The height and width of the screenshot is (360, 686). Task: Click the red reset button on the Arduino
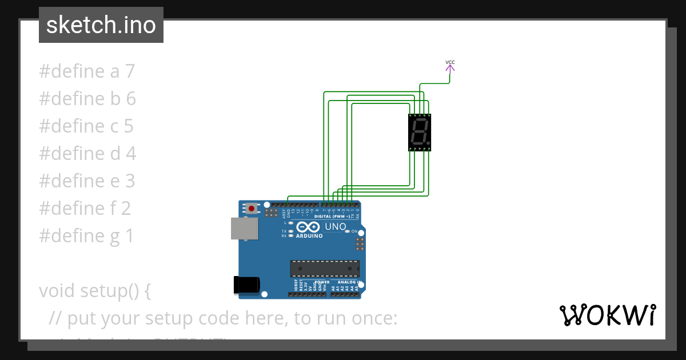(x=251, y=209)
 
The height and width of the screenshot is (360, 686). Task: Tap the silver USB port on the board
(x=244, y=228)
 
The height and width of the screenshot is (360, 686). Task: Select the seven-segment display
(x=419, y=132)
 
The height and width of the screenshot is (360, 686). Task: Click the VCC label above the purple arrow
(x=450, y=62)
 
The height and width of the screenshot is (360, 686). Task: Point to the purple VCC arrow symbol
(x=450, y=69)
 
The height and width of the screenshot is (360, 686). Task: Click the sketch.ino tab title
(x=101, y=25)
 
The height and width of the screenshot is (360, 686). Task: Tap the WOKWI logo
(x=607, y=315)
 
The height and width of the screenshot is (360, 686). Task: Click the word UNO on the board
(x=336, y=226)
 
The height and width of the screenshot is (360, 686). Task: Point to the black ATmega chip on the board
(x=325, y=268)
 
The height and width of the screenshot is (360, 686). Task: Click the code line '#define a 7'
(x=87, y=71)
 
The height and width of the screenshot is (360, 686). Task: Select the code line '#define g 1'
(x=86, y=235)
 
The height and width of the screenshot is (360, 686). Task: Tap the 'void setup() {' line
(x=95, y=290)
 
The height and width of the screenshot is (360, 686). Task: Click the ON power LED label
(x=354, y=231)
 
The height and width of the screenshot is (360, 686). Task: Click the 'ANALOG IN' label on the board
(x=347, y=282)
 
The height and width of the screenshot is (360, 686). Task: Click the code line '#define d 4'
(x=87, y=153)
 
